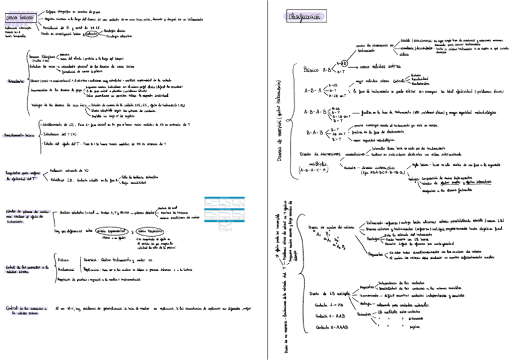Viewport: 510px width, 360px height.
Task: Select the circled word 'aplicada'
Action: [91, 34]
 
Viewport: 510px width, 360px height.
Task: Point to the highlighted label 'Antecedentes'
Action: [13, 81]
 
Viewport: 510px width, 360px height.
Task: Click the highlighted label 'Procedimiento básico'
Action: [18, 135]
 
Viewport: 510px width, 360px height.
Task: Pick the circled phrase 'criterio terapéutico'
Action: [150, 230]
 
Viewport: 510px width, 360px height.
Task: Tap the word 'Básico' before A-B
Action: [313, 69]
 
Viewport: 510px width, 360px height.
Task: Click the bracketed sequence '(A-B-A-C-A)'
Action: [313, 171]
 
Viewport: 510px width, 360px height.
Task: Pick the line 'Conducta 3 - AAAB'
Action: [330, 327]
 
